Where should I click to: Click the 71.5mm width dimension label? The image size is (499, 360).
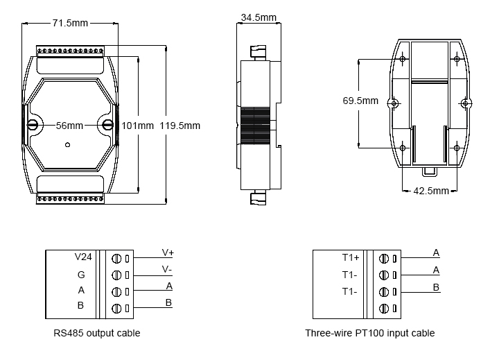pos(70,22)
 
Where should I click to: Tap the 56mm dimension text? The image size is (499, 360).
pos(69,126)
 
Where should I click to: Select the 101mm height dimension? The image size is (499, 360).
pos(138,126)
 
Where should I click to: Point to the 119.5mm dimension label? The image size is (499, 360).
pos(180,126)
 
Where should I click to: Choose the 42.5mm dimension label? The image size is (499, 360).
pos(431,191)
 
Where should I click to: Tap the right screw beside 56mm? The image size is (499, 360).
pos(107,125)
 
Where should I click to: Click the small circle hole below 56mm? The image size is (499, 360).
pos(67,145)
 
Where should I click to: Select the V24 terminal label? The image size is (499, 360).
pos(83,257)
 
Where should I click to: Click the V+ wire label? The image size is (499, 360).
pos(168,252)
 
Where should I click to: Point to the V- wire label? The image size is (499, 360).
pos(168,269)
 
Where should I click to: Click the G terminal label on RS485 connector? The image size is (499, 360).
pos(81,274)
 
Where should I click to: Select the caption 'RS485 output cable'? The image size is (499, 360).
pos(97,333)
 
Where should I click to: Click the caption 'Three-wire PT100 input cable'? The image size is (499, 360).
pos(370,333)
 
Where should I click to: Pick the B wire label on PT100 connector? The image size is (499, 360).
pos(436,286)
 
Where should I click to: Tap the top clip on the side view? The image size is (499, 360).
pos(257,52)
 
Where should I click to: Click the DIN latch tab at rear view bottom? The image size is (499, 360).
pos(430,169)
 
